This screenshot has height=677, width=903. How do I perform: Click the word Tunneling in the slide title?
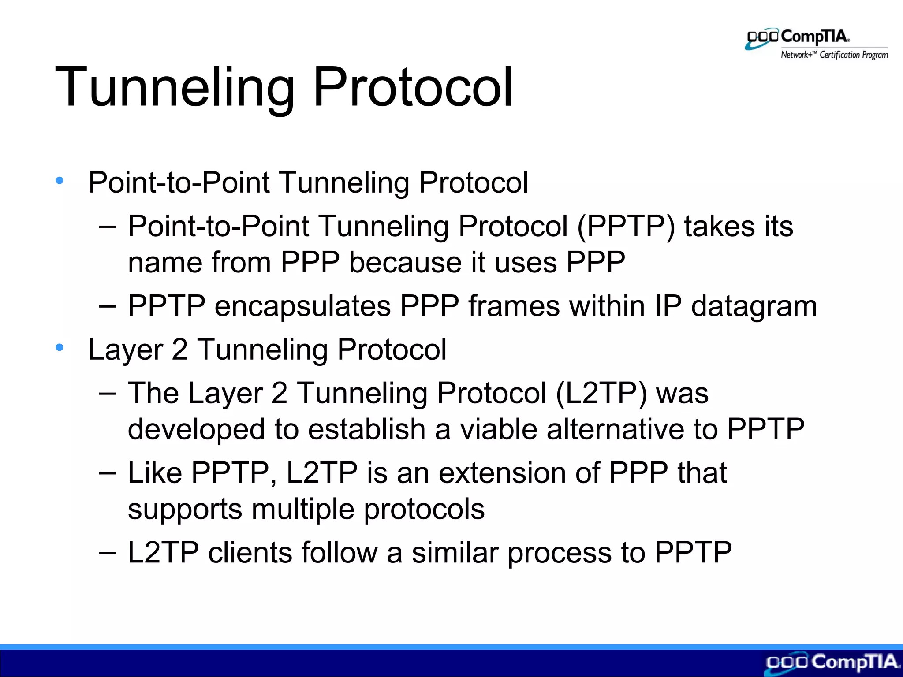point(174,87)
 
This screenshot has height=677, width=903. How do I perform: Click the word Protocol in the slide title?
point(413,87)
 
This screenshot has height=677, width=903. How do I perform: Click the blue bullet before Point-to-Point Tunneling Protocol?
point(60,180)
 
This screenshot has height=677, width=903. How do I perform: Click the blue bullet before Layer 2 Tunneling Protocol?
point(60,347)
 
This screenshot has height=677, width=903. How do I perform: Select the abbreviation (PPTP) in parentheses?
point(626,227)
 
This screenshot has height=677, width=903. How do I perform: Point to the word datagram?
point(754,307)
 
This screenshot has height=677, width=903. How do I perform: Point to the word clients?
point(249,553)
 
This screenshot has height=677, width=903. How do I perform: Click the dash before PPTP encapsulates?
point(108,307)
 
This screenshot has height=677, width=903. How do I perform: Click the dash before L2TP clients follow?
point(108,553)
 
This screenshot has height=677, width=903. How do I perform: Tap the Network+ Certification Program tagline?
point(834,55)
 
